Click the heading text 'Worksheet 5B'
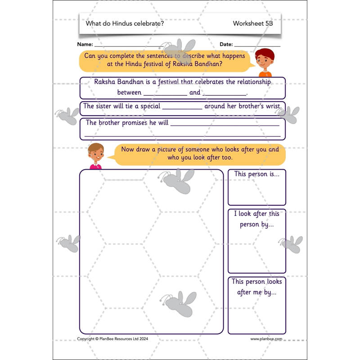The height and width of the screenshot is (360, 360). tap(253, 23)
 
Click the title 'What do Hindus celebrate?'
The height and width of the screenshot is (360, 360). tap(125, 23)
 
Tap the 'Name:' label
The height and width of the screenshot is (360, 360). tap(85, 44)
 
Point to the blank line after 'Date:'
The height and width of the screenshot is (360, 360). tap(257, 46)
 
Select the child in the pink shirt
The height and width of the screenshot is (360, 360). tap(96, 156)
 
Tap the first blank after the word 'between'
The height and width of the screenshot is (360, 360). tap(165, 95)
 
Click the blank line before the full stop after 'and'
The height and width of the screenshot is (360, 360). tap(225, 95)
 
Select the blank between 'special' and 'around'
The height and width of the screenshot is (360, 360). tap(182, 109)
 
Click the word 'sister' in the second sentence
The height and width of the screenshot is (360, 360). tap(106, 106)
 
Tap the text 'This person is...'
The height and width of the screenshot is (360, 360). tap(256, 174)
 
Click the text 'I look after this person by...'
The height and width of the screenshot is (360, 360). tap(256, 219)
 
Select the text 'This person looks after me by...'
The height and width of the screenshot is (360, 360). tap(256, 287)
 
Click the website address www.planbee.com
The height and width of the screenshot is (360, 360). tap(266, 339)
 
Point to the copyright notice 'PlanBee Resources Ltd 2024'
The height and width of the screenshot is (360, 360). tap(124, 339)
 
